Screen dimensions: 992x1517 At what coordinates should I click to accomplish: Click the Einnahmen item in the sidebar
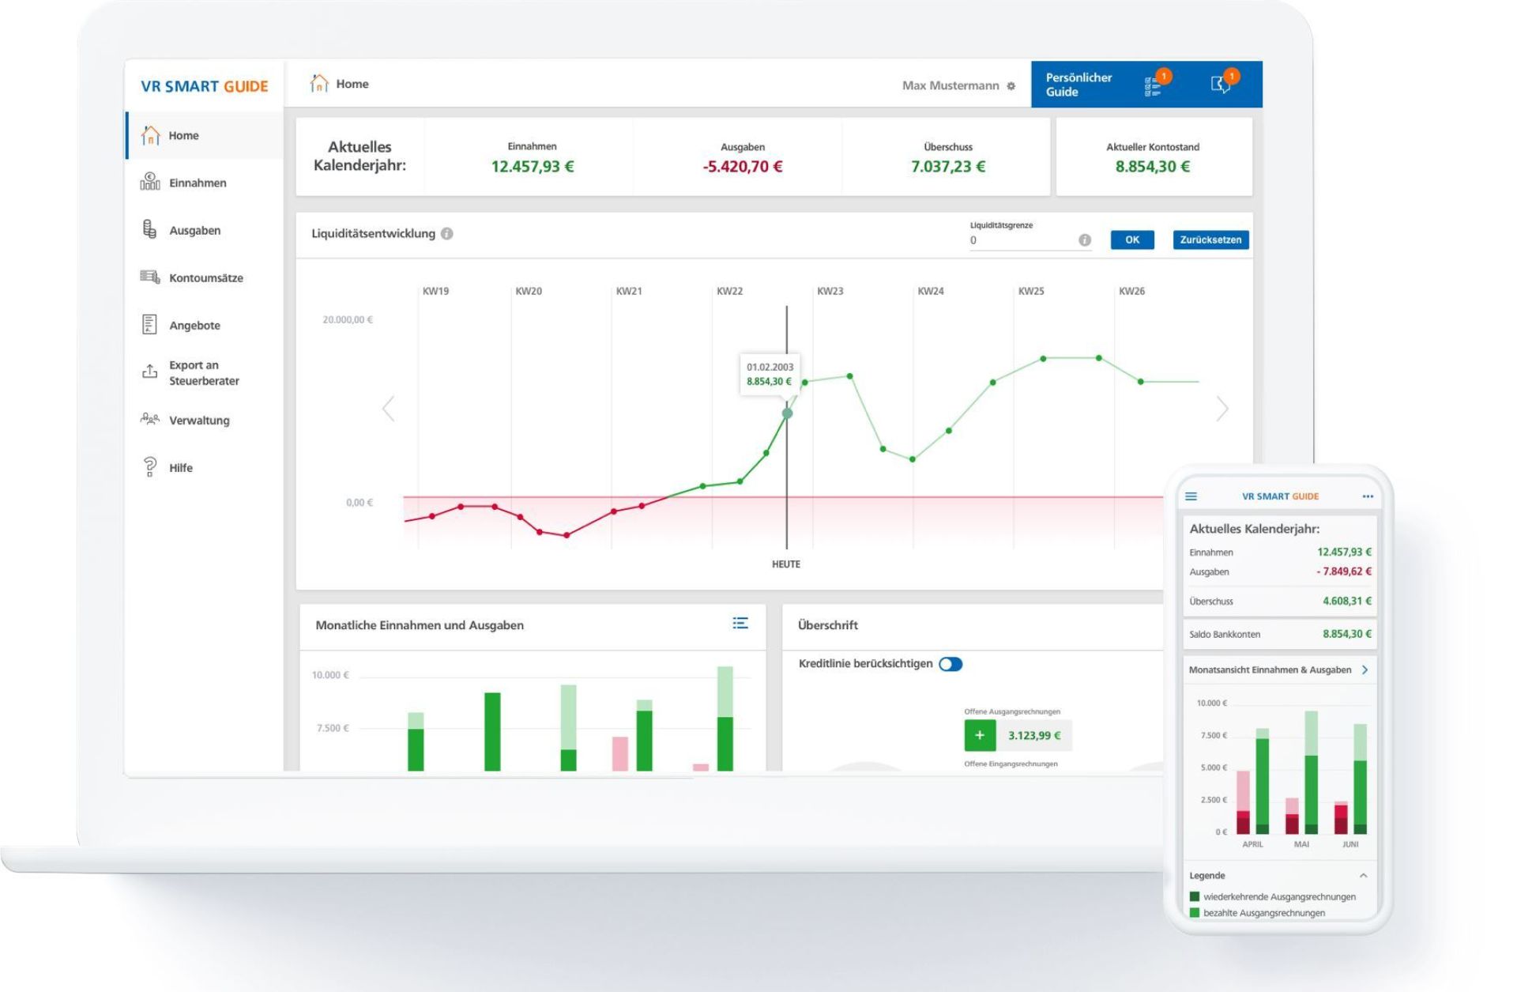click(197, 183)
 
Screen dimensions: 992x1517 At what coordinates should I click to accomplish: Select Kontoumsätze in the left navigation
click(205, 277)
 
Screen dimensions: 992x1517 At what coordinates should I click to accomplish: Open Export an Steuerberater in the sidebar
click(203, 372)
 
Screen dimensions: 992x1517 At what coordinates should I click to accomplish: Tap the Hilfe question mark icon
click(150, 467)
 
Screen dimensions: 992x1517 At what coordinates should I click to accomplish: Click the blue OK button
click(1131, 240)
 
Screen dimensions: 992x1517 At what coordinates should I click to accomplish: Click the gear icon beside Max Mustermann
click(1011, 86)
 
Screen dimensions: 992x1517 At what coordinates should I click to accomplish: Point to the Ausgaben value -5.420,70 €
click(742, 167)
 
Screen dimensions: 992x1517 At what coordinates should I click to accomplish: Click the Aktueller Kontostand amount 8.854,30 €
click(1152, 167)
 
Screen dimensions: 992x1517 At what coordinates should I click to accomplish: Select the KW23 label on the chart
click(830, 291)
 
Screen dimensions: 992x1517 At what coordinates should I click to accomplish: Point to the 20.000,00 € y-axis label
click(348, 319)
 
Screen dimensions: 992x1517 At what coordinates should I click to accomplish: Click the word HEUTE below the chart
click(785, 564)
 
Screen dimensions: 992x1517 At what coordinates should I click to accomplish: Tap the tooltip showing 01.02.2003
click(770, 374)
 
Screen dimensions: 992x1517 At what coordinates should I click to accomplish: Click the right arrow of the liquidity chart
click(1222, 409)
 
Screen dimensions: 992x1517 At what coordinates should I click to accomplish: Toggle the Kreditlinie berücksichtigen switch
click(950, 664)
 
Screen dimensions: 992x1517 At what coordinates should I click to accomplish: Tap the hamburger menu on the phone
click(1191, 496)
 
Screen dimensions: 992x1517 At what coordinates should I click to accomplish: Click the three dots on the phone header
click(1368, 496)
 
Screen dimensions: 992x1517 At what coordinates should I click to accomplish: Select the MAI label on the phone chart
click(1301, 844)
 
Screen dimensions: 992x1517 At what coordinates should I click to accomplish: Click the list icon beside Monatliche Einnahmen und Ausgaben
click(740, 624)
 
